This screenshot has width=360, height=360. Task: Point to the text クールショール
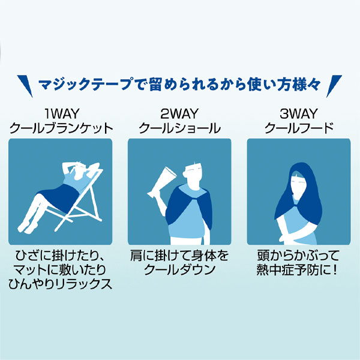point(179,128)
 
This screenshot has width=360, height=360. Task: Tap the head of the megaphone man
point(193,173)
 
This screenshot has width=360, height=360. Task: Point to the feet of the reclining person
point(25,225)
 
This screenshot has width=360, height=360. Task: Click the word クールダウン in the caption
point(179,269)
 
